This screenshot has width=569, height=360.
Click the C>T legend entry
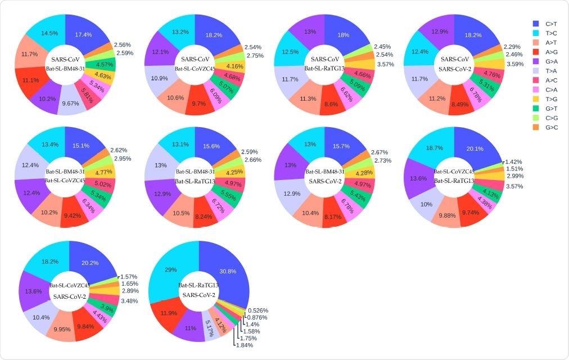click(x=550, y=24)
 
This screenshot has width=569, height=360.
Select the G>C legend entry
click(x=550, y=127)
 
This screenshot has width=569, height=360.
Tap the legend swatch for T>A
click(x=535, y=71)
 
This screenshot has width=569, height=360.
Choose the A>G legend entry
click(x=550, y=52)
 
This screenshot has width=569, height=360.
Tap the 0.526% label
click(x=258, y=310)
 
